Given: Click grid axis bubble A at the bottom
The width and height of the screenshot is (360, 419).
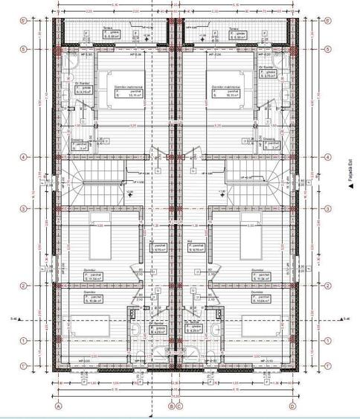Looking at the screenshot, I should click(x=57, y=406).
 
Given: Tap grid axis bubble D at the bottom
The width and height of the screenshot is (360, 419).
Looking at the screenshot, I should click(x=292, y=406).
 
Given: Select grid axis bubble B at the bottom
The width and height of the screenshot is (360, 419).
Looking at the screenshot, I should click(x=170, y=406).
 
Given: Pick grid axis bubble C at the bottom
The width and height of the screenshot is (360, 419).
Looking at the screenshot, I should click(x=179, y=406).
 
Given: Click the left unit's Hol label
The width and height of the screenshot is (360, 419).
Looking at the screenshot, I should click(x=157, y=249).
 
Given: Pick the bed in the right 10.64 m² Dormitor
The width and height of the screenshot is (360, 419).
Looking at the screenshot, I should click(x=257, y=325).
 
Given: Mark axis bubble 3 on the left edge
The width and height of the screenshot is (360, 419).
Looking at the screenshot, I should click(x=25, y=208).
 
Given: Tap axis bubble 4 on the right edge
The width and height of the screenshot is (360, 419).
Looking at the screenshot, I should click(x=325, y=157).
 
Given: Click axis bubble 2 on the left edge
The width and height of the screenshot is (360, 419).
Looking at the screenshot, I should click(x=25, y=286).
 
